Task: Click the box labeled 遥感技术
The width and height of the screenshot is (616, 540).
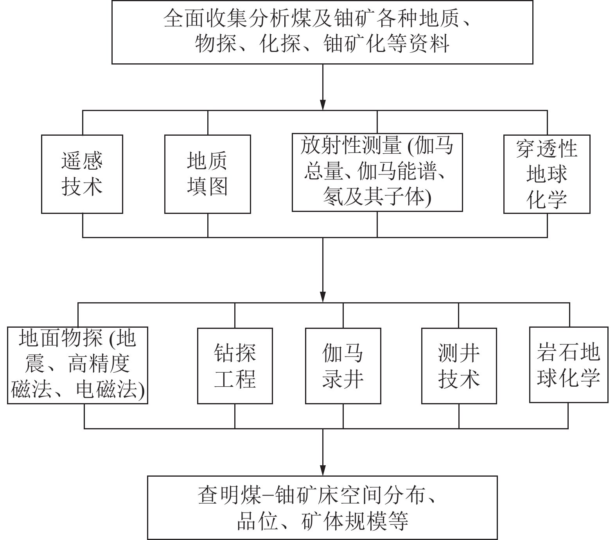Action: (x=82, y=174)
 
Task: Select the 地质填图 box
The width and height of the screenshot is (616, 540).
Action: (x=207, y=174)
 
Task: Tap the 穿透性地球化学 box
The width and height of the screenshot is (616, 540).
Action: (x=546, y=174)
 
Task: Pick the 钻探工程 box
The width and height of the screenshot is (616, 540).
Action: (x=235, y=366)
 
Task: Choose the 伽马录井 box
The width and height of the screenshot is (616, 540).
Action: (x=343, y=366)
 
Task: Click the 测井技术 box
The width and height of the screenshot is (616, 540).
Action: (x=459, y=366)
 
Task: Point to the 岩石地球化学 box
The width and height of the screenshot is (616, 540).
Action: (x=568, y=364)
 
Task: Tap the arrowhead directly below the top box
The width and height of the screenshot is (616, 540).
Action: (x=323, y=104)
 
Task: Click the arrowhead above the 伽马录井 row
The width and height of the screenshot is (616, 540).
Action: (x=323, y=297)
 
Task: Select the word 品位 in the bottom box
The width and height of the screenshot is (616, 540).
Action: (x=257, y=520)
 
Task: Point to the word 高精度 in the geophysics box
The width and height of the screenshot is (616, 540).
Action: (x=99, y=364)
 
